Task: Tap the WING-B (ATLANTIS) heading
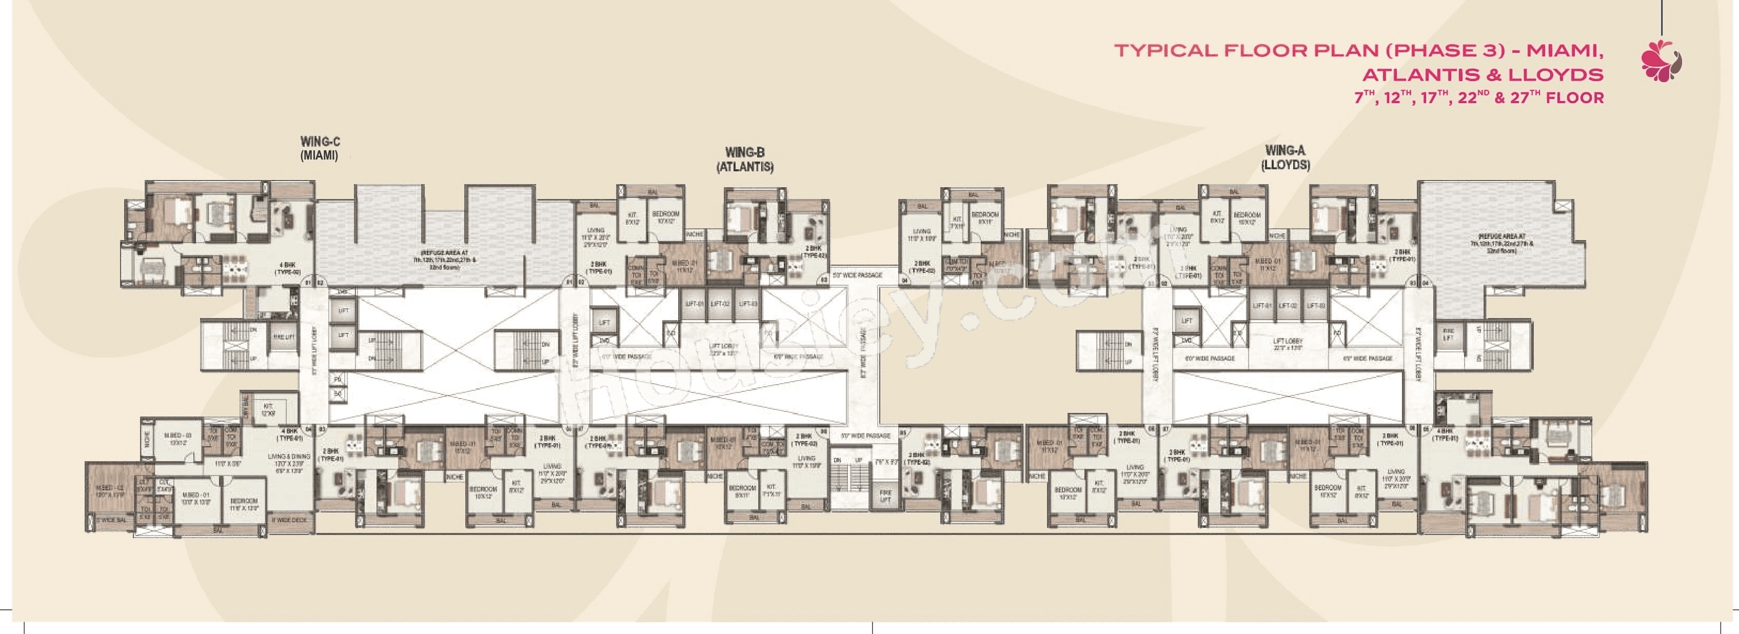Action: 745,160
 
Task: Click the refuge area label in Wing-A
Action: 1501,244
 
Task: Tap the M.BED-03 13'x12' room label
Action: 178,440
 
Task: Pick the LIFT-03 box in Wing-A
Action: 1314,306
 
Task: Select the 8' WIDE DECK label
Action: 289,520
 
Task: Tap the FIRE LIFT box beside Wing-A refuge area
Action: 1448,334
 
